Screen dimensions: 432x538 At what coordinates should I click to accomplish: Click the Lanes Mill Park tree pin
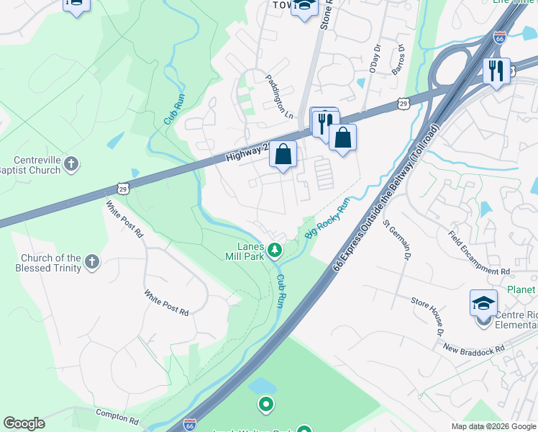[274, 251]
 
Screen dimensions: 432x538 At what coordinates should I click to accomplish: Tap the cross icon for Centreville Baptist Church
[70, 164]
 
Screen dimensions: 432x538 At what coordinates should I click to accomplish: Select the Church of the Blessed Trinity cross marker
[92, 262]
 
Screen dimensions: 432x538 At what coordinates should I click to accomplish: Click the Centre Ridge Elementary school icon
[483, 303]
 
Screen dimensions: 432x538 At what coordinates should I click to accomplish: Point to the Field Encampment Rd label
[478, 253]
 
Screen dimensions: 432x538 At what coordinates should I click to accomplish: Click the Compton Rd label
[117, 417]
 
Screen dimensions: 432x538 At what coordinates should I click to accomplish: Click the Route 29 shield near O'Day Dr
[405, 105]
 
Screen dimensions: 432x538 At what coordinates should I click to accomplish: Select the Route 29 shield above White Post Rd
[123, 189]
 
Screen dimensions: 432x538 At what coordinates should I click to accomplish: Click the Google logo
[24, 423]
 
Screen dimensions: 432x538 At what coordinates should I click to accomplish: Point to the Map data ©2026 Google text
[493, 426]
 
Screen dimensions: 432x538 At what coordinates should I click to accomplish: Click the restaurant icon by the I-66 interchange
[496, 71]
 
